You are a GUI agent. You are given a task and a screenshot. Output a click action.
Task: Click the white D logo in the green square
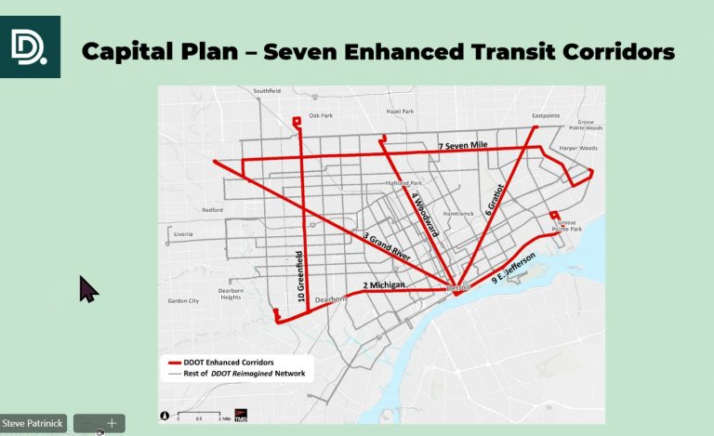click(x=30, y=46)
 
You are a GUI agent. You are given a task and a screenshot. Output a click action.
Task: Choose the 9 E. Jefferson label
click(x=498, y=271)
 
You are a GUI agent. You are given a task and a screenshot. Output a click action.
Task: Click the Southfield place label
click(x=268, y=91)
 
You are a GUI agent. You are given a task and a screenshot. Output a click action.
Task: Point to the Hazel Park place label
click(x=399, y=111)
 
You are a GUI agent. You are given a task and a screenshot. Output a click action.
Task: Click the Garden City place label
click(x=183, y=301)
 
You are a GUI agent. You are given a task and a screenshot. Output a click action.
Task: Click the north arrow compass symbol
click(x=165, y=416)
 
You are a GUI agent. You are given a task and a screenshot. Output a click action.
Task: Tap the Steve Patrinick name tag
click(x=34, y=424)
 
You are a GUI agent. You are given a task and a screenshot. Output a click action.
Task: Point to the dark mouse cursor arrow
click(x=87, y=289)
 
